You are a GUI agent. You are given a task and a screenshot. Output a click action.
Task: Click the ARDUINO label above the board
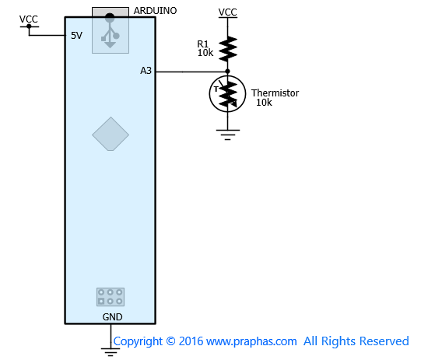point(155,11)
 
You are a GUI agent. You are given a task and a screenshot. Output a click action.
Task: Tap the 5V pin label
point(76,36)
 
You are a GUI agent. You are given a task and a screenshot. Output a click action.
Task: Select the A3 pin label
point(146,71)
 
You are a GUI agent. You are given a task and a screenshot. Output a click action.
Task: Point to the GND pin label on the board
point(112,316)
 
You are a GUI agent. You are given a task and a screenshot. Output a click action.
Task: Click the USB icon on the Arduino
point(111,32)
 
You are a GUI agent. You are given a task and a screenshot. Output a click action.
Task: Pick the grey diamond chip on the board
point(111,134)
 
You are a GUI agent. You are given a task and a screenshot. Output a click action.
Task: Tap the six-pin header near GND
point(111,297)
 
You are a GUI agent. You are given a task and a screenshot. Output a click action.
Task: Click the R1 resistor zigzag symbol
point(228,49)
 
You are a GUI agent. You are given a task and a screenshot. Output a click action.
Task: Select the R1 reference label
point(202,44)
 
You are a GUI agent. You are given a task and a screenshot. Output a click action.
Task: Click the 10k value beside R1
point(205,53)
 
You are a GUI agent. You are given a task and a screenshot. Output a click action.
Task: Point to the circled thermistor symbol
point(227,94)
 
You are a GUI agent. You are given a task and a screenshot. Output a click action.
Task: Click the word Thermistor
point(275,93)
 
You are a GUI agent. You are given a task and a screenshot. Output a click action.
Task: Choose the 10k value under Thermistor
point(264,103)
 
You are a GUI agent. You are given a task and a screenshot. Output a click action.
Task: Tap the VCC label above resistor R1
point(227,12)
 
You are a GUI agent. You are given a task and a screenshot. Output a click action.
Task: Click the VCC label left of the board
point(28,19)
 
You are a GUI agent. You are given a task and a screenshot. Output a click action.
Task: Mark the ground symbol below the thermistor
point(227,135)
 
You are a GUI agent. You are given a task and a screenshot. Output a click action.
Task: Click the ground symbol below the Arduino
point(111,352)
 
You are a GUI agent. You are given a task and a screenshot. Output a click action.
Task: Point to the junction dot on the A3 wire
point(227,72)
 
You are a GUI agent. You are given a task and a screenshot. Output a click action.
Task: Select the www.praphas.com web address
point(251,341)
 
